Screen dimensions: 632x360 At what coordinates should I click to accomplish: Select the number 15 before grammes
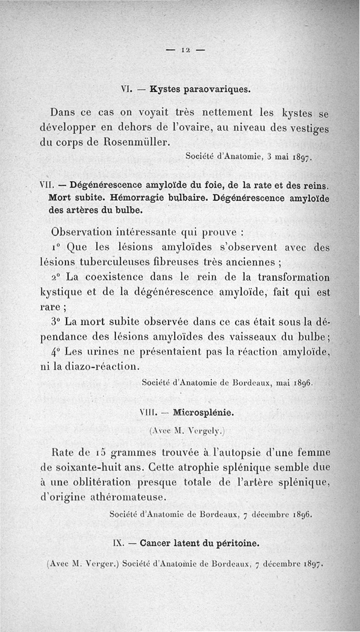pos(91,451)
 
